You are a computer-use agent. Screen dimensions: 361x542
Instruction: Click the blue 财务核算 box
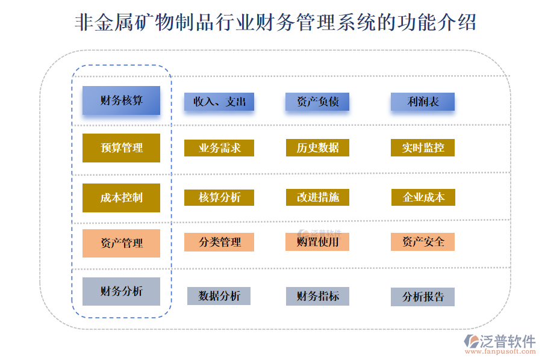(121, 100)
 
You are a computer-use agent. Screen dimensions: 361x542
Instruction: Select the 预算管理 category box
(121, 147)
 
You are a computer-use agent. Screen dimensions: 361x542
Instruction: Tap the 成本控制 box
(121, 197)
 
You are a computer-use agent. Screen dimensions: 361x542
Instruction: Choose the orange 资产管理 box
(121, 243)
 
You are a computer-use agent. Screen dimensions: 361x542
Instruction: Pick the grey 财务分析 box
(121, 291)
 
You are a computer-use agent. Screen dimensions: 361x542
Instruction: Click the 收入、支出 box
(219, 102)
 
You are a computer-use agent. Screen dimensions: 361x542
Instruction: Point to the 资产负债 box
(317, 102)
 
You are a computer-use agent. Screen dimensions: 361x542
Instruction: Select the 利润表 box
(422, 102)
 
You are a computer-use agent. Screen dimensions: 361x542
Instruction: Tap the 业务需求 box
(219, 147)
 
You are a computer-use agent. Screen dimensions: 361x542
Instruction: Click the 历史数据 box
(317, 147)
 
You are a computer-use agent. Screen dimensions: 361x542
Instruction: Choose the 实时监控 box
(422, 147)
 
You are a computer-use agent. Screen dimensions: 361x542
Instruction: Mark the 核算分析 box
(219, 197)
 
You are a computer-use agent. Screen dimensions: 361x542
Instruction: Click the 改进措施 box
(317, 197)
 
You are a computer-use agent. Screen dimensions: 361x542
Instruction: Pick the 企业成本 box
(422, 197)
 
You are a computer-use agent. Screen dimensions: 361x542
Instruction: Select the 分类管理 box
(219, 242)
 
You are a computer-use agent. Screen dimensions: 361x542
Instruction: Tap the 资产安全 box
(422, 242)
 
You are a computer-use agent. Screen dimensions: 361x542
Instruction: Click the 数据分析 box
(219, 295)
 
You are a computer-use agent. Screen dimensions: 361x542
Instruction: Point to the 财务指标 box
(317, 295)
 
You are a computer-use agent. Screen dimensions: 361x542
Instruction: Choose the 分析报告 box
(422, 297)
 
